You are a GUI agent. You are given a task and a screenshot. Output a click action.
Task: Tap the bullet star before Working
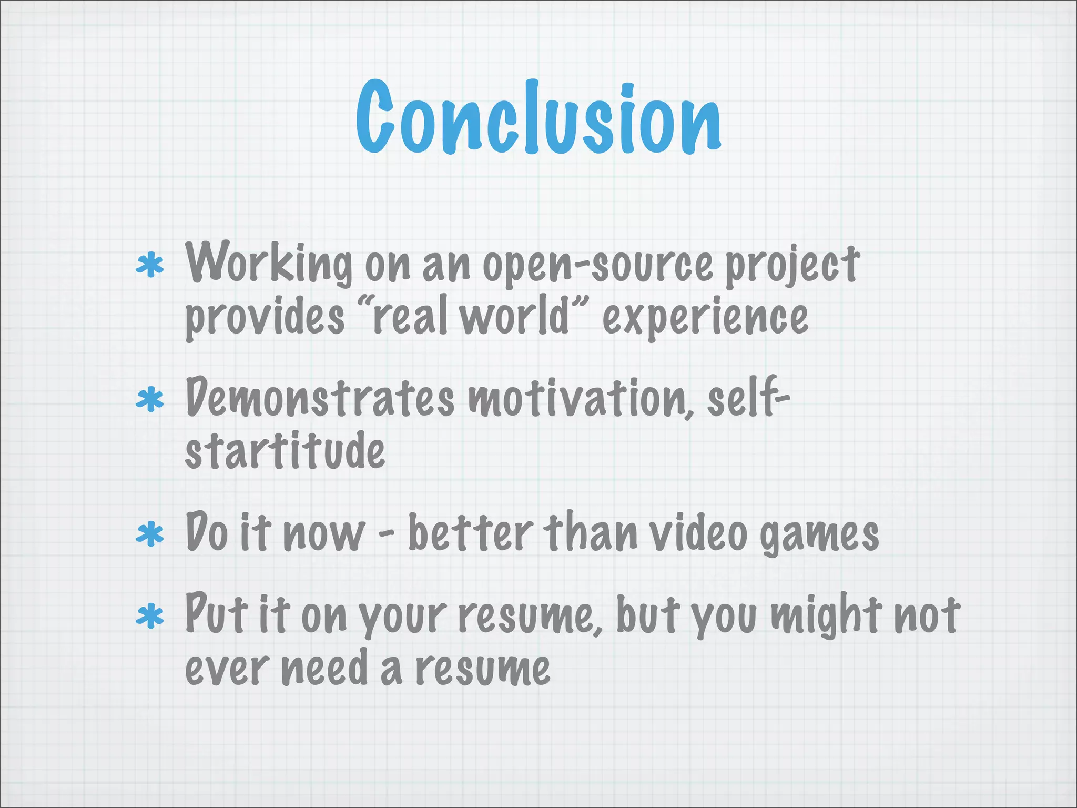pos(149,266)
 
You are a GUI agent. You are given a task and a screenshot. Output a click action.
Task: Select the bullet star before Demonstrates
pos(149,400)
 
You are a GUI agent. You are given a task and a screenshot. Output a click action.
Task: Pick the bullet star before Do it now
pos(149,535)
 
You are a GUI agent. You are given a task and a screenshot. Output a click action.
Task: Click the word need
pos(324,668)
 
